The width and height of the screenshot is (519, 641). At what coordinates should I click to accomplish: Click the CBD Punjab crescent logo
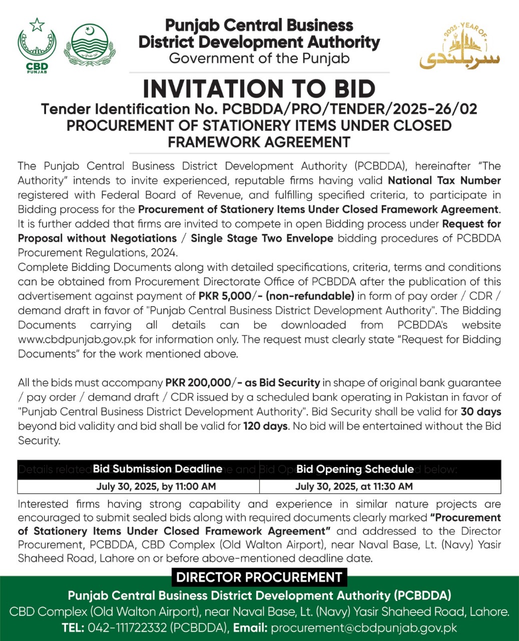37,46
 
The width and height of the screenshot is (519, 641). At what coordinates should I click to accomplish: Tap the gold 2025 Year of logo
459,48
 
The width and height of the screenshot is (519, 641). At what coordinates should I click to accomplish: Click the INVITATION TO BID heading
259,89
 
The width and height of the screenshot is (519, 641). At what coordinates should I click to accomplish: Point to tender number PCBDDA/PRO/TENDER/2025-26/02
350,109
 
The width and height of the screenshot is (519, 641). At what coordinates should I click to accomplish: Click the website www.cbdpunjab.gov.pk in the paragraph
77,340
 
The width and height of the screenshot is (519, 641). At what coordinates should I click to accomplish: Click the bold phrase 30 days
481,412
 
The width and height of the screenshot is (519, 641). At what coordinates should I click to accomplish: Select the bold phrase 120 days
265,427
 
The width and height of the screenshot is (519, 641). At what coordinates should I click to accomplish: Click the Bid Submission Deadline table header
158,469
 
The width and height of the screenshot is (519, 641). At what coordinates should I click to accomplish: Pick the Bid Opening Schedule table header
355,469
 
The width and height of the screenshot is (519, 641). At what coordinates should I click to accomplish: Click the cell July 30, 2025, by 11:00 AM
156,486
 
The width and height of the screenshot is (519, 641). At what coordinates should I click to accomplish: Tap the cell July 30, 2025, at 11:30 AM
354,486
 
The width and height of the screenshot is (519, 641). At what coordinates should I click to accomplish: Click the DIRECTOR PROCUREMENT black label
259,577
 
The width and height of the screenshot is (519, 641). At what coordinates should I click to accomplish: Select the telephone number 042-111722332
128,628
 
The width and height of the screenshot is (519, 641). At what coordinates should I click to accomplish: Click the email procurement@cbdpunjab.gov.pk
364,628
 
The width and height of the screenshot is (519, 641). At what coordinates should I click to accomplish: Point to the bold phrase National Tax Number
444,180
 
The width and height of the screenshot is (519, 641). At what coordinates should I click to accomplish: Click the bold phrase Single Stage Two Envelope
262,238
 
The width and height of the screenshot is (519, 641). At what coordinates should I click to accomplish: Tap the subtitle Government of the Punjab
259,59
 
